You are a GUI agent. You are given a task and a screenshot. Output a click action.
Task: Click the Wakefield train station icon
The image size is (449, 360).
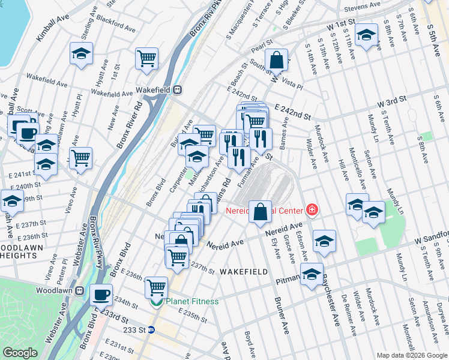pos(177,89)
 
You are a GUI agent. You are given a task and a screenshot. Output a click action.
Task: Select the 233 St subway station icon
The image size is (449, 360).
pos(152,329)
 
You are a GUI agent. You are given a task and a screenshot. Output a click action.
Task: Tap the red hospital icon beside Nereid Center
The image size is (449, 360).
pos(311,210)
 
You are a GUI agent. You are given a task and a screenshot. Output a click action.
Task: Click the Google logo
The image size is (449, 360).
pos(20,353)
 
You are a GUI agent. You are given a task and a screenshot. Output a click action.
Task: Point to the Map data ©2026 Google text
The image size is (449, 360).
pos(411,355)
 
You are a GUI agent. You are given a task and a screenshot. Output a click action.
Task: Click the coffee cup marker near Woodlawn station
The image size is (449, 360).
pos(101,295)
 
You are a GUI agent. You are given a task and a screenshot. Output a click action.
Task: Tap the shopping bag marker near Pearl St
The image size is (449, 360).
pos(276,59)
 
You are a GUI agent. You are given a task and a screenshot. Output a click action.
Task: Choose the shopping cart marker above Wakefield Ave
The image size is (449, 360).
pos(146,58)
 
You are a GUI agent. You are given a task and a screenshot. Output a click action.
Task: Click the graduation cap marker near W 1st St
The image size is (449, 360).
pos(366,34)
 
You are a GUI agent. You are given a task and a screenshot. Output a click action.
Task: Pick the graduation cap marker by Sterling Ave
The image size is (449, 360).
pos(81,53)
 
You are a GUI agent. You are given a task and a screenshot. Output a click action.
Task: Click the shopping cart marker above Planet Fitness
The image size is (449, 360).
pos(156,287)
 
